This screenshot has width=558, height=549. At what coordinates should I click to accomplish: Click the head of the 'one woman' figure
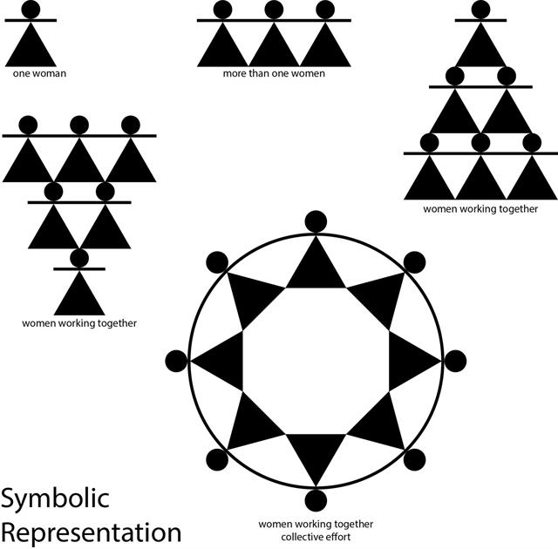(x=31, y=10)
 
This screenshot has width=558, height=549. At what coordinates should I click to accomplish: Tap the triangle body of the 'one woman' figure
(x=31, y=48)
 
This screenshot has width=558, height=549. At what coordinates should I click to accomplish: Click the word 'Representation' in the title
(x=91, y=532)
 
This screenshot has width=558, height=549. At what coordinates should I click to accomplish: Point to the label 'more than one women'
(x=274, y=73)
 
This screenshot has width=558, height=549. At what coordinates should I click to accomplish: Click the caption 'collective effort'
(x=316, y=537)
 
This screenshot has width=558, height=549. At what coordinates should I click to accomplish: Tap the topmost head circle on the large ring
(x=316, y=221)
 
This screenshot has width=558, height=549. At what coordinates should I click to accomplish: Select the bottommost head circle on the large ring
(x=316, y=500)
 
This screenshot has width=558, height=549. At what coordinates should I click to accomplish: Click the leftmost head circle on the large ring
(x=176, y=361)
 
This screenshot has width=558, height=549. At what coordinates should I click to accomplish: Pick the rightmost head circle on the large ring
(x=455, y=361)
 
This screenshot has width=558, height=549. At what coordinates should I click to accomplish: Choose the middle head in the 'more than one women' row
(x=274, y=10)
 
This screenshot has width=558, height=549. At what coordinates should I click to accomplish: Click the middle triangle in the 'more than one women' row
(x=274, y=48)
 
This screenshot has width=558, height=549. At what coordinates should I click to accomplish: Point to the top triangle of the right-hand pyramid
(x=480, y=48)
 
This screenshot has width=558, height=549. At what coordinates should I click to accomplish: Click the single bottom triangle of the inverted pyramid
(x=79, y=297)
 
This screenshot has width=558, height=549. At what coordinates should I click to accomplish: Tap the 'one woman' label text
(x=39, y=73)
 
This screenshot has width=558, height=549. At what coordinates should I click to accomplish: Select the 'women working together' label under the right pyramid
(x=480, y=209)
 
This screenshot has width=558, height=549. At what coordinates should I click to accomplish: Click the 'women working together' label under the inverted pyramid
(x=79, y=323)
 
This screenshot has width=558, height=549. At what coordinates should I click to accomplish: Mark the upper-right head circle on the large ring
(x=415, y=262)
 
